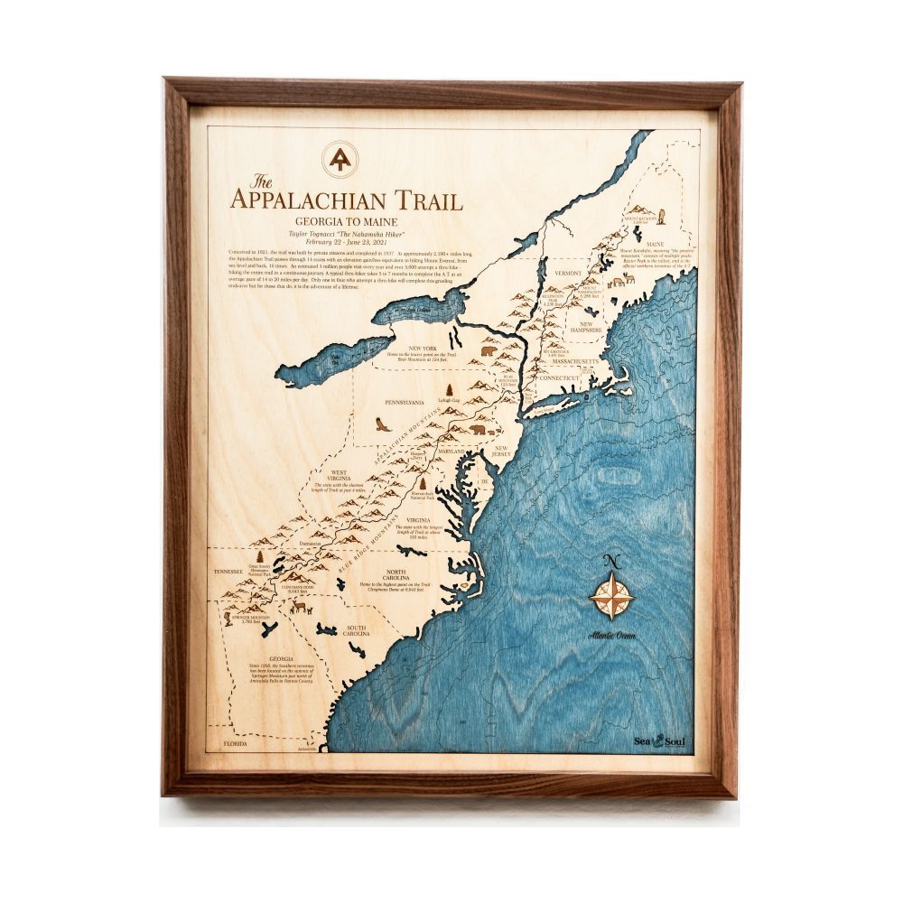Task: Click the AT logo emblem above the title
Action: tap(340, 160)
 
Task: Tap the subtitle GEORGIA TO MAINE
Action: tap(346, 221)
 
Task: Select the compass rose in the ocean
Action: tap(611, 598)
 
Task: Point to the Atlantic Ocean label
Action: tap(611, 636)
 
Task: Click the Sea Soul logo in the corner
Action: tap(659, 740)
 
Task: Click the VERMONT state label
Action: tap(568, 272)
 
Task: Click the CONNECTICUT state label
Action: tap(559, 377)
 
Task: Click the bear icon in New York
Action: tap(489, 350)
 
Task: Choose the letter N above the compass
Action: tap(611, 563)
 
